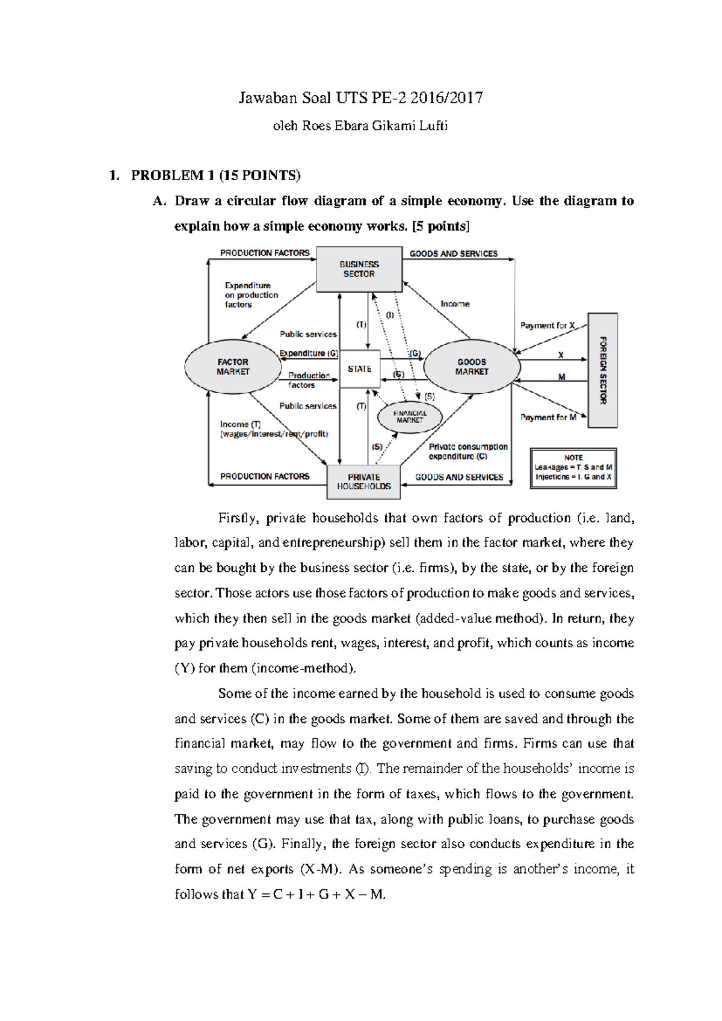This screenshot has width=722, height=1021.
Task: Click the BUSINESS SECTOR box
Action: point(359,269)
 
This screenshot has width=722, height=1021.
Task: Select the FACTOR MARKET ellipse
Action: point(233,367)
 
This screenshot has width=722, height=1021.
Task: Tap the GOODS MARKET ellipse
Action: point(472,367)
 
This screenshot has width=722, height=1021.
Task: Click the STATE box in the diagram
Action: point(359,369)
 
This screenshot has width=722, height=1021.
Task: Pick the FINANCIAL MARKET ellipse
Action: point(410,417)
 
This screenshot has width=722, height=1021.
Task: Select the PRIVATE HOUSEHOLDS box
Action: point(363,482)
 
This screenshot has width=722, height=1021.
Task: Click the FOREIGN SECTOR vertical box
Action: point(602,370)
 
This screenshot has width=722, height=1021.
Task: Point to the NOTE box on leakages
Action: point(573,467)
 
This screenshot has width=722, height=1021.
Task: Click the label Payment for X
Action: point(548,325)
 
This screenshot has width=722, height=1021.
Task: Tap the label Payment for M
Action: point(548,417)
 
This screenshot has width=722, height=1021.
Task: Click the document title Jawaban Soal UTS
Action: point(360,98)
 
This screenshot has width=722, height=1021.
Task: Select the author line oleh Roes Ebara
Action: point(360,126)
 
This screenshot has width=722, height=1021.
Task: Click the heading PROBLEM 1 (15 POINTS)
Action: point(215,175)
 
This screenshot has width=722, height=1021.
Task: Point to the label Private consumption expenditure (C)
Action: point(467,452)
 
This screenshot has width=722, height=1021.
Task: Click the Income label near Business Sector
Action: point(455,304)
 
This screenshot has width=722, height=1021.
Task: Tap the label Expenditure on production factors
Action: point(251,295)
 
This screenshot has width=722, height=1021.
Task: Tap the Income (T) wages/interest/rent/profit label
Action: point(273,429)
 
